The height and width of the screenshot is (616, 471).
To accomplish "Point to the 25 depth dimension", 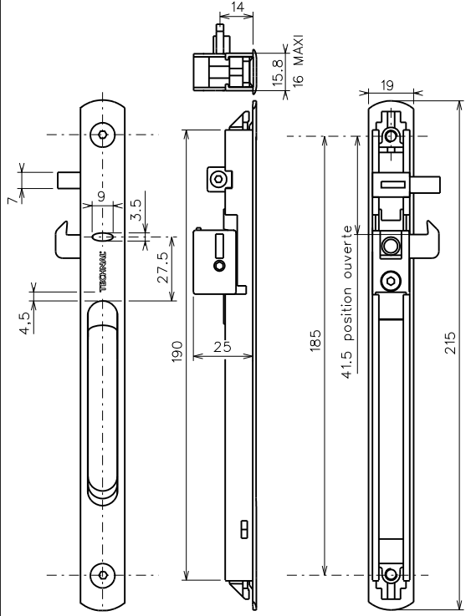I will coord(221,346).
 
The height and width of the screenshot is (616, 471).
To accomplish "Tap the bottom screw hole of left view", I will coord(103,574).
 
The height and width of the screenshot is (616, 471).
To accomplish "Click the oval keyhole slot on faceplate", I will coord(104,237).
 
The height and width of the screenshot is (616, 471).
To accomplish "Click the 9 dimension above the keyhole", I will coord(102,197).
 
